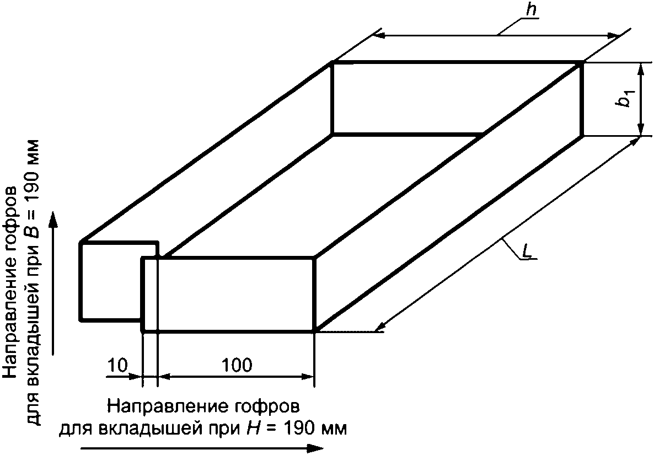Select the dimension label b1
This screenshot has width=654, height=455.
(x=624, y=99)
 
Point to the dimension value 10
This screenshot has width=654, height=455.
(x=117, y=365)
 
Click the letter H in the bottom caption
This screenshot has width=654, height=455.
(x=248, y=428)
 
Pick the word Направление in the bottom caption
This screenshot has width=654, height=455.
(x=163, y=407)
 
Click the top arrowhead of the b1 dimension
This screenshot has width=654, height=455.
(x=641, y=68)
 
